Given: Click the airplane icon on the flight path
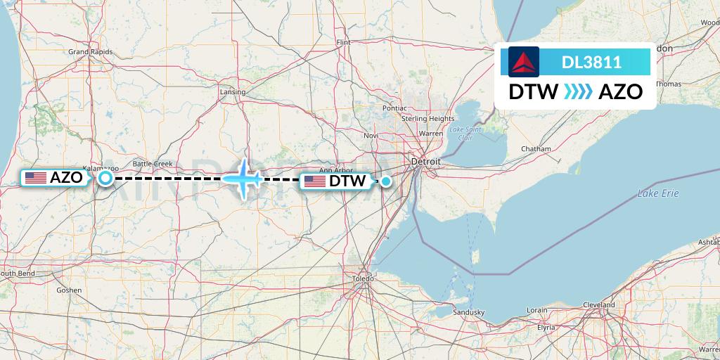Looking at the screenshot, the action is tap(243, 179).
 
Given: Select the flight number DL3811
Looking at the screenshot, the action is tap(591, 62).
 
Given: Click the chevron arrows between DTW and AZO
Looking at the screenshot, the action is tap(578, 92).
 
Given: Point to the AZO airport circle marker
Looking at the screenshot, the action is tap(105, 179).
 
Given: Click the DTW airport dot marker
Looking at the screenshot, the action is tap(386, 181).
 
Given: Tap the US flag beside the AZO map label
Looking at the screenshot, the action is tap(36, 178).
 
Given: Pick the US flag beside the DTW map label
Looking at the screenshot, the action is tap(315, 181).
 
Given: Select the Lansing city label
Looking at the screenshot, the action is tap(233, 92).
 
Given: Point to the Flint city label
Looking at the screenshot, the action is tap(343, 43).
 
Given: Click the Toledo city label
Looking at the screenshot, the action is tap(364, 279).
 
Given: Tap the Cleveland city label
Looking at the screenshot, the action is tap(598, 305).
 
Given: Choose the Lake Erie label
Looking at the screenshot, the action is tap(658, 193).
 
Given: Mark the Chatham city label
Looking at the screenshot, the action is tap(536, 149).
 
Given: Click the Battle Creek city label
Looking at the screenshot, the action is tap(153, 164).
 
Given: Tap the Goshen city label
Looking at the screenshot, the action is tap(69, 290).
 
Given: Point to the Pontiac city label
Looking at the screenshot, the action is tap(394, 108).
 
